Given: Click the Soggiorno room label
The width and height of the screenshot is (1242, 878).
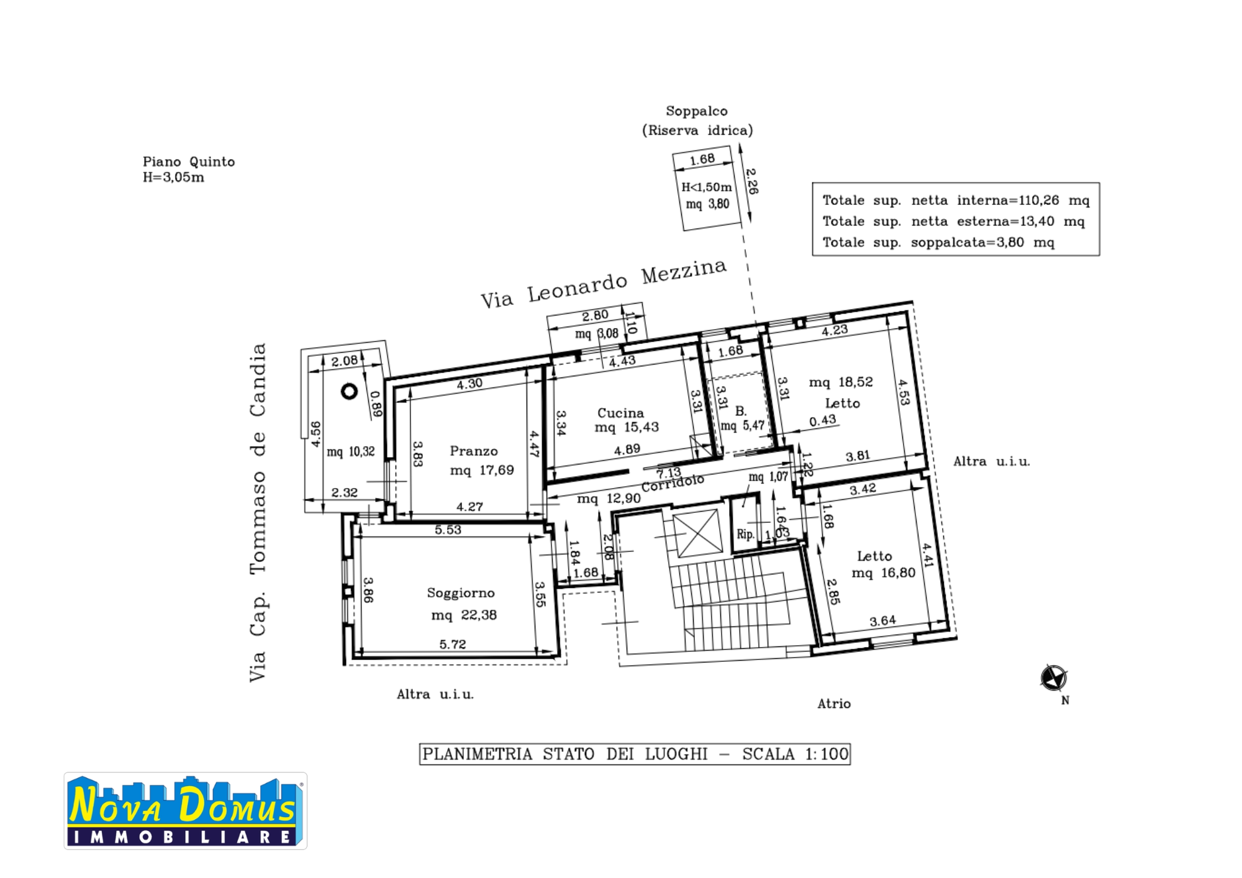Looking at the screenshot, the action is click(461, 593).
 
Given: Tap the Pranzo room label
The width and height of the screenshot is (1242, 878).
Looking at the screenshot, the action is click(474, 451).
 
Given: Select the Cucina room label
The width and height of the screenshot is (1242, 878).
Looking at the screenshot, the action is click(620, 413).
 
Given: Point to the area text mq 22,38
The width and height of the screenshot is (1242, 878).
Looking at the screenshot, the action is click(464, 615).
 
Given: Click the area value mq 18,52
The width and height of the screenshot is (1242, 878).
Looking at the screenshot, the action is click(841, 382).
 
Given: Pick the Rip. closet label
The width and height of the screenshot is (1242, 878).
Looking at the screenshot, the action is click(745, 534).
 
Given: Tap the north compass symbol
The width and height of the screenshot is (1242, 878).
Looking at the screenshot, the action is click(1054, 677).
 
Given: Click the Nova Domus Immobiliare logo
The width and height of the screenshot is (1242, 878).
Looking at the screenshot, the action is click(185, 811).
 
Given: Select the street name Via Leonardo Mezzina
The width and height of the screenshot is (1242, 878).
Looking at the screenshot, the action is click(604, 283).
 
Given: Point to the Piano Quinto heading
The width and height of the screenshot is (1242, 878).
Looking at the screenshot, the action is click(189, 161).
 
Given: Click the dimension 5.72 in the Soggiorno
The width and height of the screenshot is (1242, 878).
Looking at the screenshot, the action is click(452, 645).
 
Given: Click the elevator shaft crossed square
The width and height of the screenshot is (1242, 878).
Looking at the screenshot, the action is click(699, 533).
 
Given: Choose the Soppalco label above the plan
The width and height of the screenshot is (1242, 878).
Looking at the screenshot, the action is click(697, 111).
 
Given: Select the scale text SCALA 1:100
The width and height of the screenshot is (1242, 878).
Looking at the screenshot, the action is click(795, 754).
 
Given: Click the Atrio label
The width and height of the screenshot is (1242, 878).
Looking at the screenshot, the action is click(834, 704).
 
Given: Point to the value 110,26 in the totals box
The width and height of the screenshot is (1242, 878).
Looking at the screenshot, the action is click(1038, 200).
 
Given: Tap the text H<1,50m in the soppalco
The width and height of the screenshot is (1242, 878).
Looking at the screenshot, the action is click(707, 186).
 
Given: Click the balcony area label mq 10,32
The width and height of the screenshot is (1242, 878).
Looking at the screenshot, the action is click(351, 451).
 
